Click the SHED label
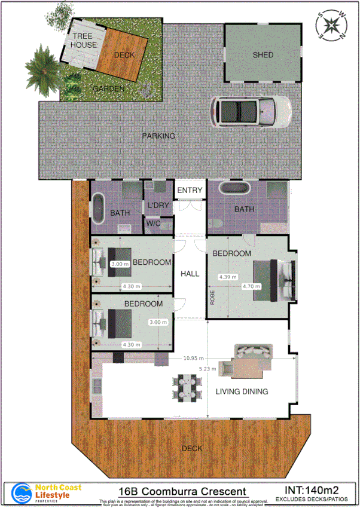point(263,55)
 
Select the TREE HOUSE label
point(84,41)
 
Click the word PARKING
point(158,136)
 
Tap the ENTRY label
point(190,191)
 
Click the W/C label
point(153,224)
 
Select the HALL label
point(190,274)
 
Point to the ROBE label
point(212,297)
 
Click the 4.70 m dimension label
point(251,286)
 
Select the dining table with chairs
point(184,387)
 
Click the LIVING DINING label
point(241,392)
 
